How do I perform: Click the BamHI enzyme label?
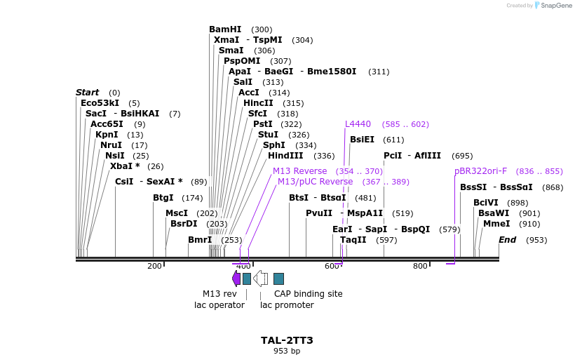(224, 29)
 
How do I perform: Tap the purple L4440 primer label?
(358, 124)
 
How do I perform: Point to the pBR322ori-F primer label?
(480, 171)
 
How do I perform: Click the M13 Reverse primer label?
(299, 171)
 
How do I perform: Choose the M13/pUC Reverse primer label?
(315, 182)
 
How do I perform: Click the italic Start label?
(88, 93)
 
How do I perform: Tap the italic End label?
(507, 240)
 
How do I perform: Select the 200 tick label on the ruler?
(154, 266)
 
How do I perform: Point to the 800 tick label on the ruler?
(419, 266)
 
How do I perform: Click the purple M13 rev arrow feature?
(236, 279)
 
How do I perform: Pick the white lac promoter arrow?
(260, 279)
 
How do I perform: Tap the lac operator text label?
(219, 304)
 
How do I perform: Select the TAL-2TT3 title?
(287, 340)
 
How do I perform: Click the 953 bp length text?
(287, 351)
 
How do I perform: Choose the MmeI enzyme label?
(496, 224)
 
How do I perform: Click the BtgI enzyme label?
(163, 198)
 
